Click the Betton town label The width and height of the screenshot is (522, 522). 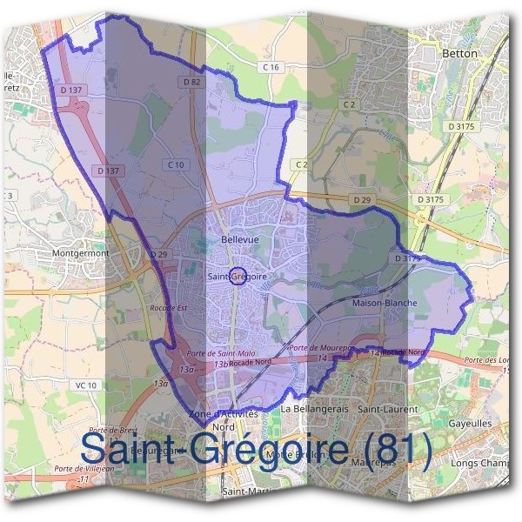[x=460, y=53]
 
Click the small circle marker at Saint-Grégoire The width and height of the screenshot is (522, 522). [x=237, y=276]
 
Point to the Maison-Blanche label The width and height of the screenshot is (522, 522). [x=385, y=303]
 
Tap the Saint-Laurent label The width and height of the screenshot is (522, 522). [x=387, y=408]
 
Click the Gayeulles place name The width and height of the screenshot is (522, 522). [x=470, y=424]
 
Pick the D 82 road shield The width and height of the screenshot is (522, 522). [x=192, y=81]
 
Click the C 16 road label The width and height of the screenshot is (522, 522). [x=271, y=67]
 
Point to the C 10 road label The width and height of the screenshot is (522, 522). [x=176, y=164]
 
